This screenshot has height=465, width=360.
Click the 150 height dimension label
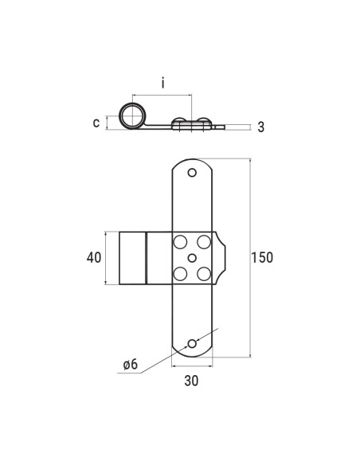coord(262,257)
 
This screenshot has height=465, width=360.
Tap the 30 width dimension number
coord(191,381)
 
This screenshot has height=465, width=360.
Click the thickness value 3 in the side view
coord(260,127)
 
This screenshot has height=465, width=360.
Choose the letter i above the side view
coord(162,83)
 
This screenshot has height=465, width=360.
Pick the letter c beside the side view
coord(96,122)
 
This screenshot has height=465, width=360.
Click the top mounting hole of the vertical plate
coord(192,173)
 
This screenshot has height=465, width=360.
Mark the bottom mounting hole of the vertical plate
coord(192,343)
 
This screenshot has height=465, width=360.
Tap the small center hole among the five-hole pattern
coord(192,257)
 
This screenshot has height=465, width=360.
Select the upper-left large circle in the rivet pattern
coord(180,241)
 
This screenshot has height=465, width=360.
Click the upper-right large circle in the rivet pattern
coord(204,241)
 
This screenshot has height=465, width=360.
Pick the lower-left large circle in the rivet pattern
coord(180,274)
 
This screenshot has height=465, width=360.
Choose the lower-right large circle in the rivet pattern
coord(204,274)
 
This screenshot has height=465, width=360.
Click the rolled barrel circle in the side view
coord(132,116)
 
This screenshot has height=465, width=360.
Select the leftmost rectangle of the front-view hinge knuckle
coord(132,257)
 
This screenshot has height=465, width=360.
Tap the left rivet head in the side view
coord(182,121)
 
